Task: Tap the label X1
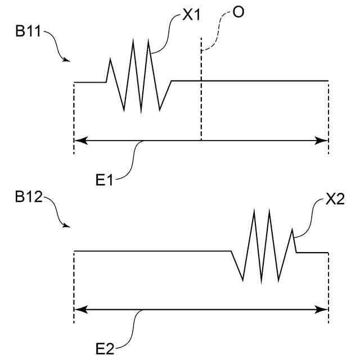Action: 192,16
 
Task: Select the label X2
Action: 335,201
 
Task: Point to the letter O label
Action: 238,12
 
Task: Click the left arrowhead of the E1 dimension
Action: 79,141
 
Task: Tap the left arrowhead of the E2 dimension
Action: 79,309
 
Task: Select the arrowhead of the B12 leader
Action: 67,227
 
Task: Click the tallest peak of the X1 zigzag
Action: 133,41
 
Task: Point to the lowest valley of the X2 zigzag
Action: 261,282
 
